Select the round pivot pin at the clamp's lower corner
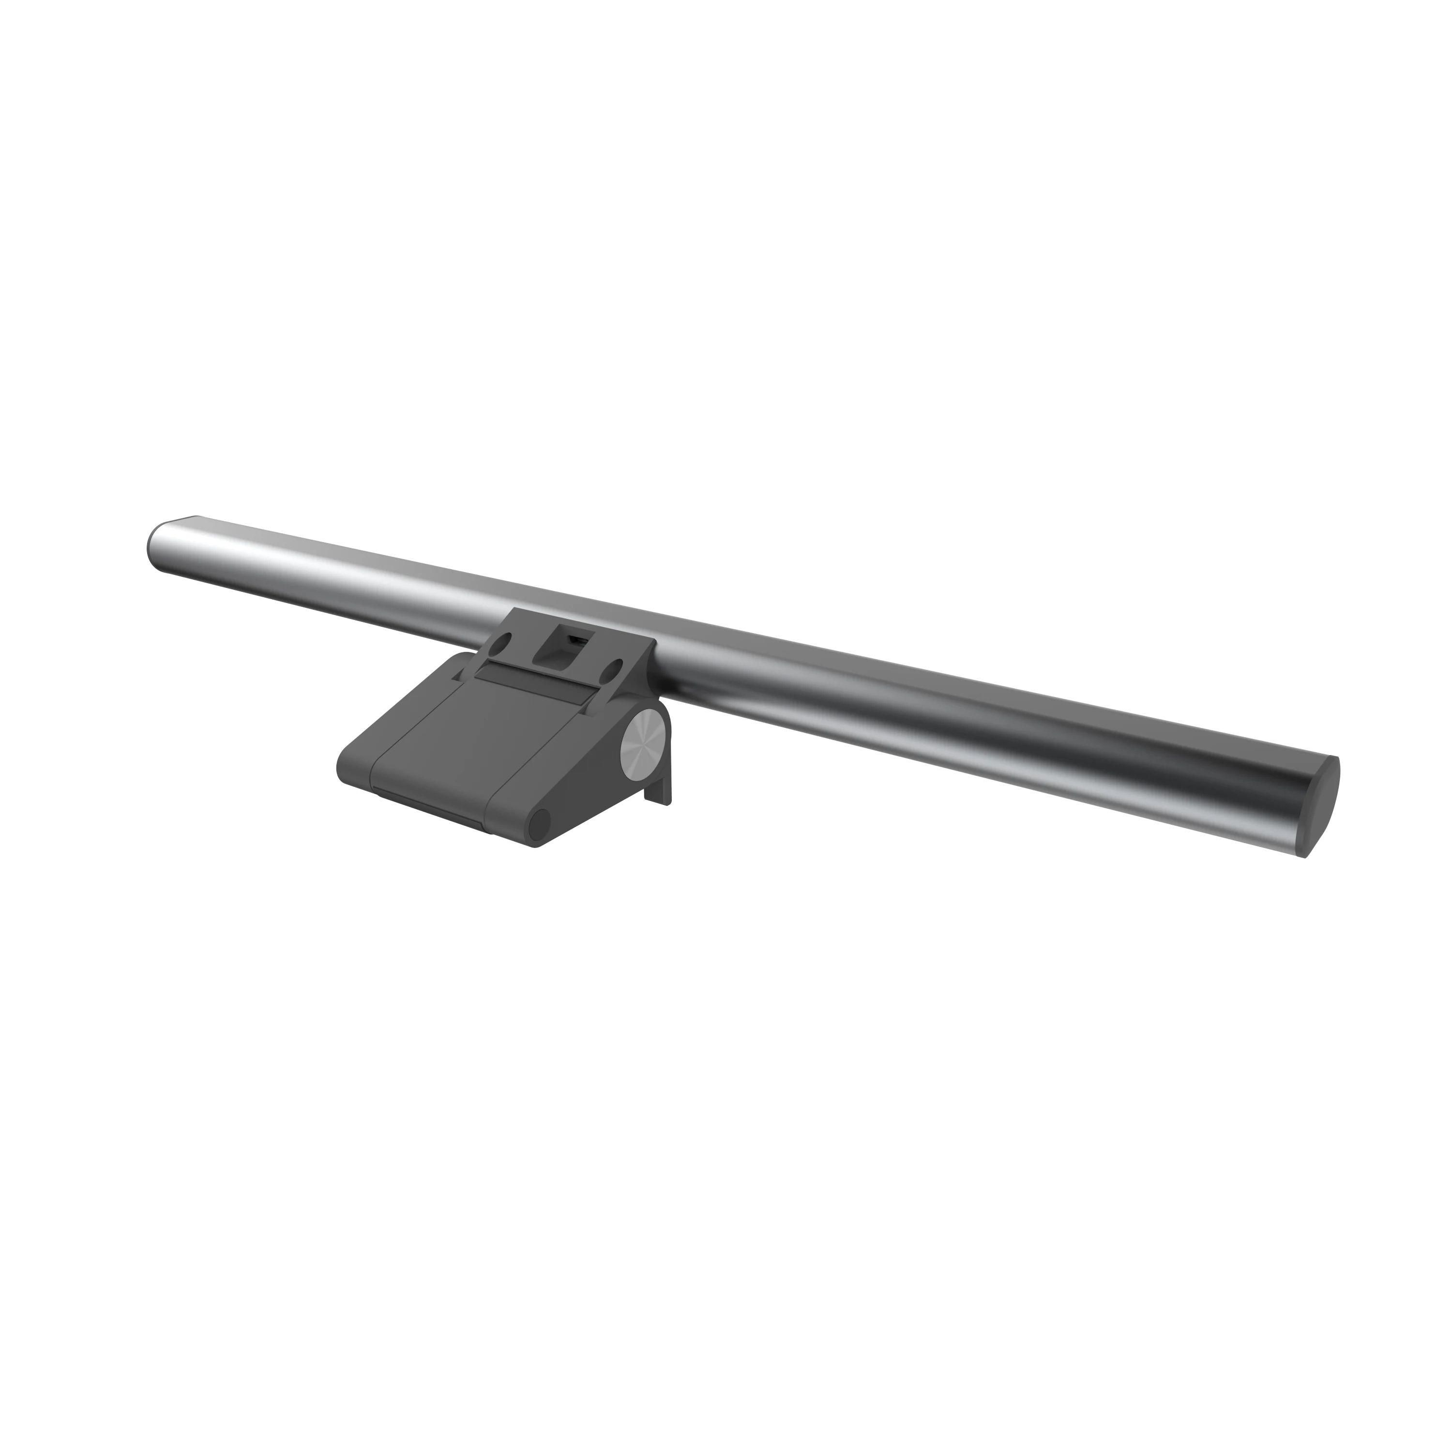[x=538, y=826]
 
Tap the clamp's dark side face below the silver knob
[x=601, y=789]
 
